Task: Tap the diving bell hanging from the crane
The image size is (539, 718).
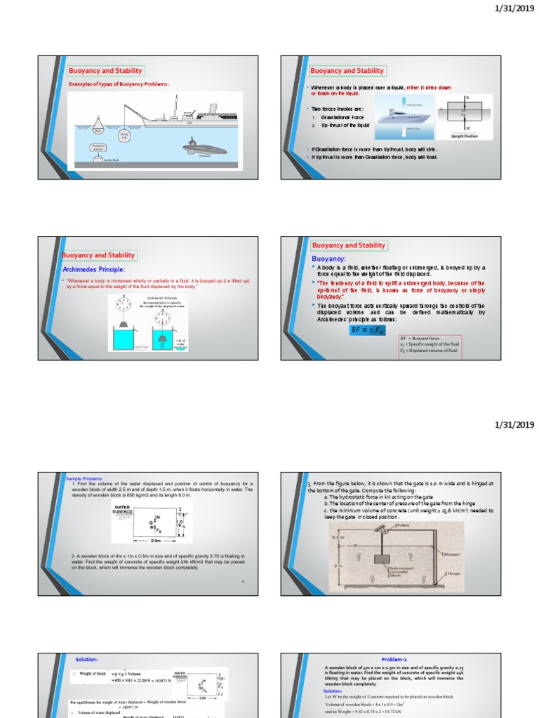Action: click(x=124, y=135)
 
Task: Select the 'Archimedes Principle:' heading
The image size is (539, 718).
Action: click(x=94, y=269)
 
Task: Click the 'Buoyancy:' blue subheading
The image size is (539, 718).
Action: click(x=329, y=259)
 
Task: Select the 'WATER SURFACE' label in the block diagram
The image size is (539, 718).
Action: click(x=124, y=510)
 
